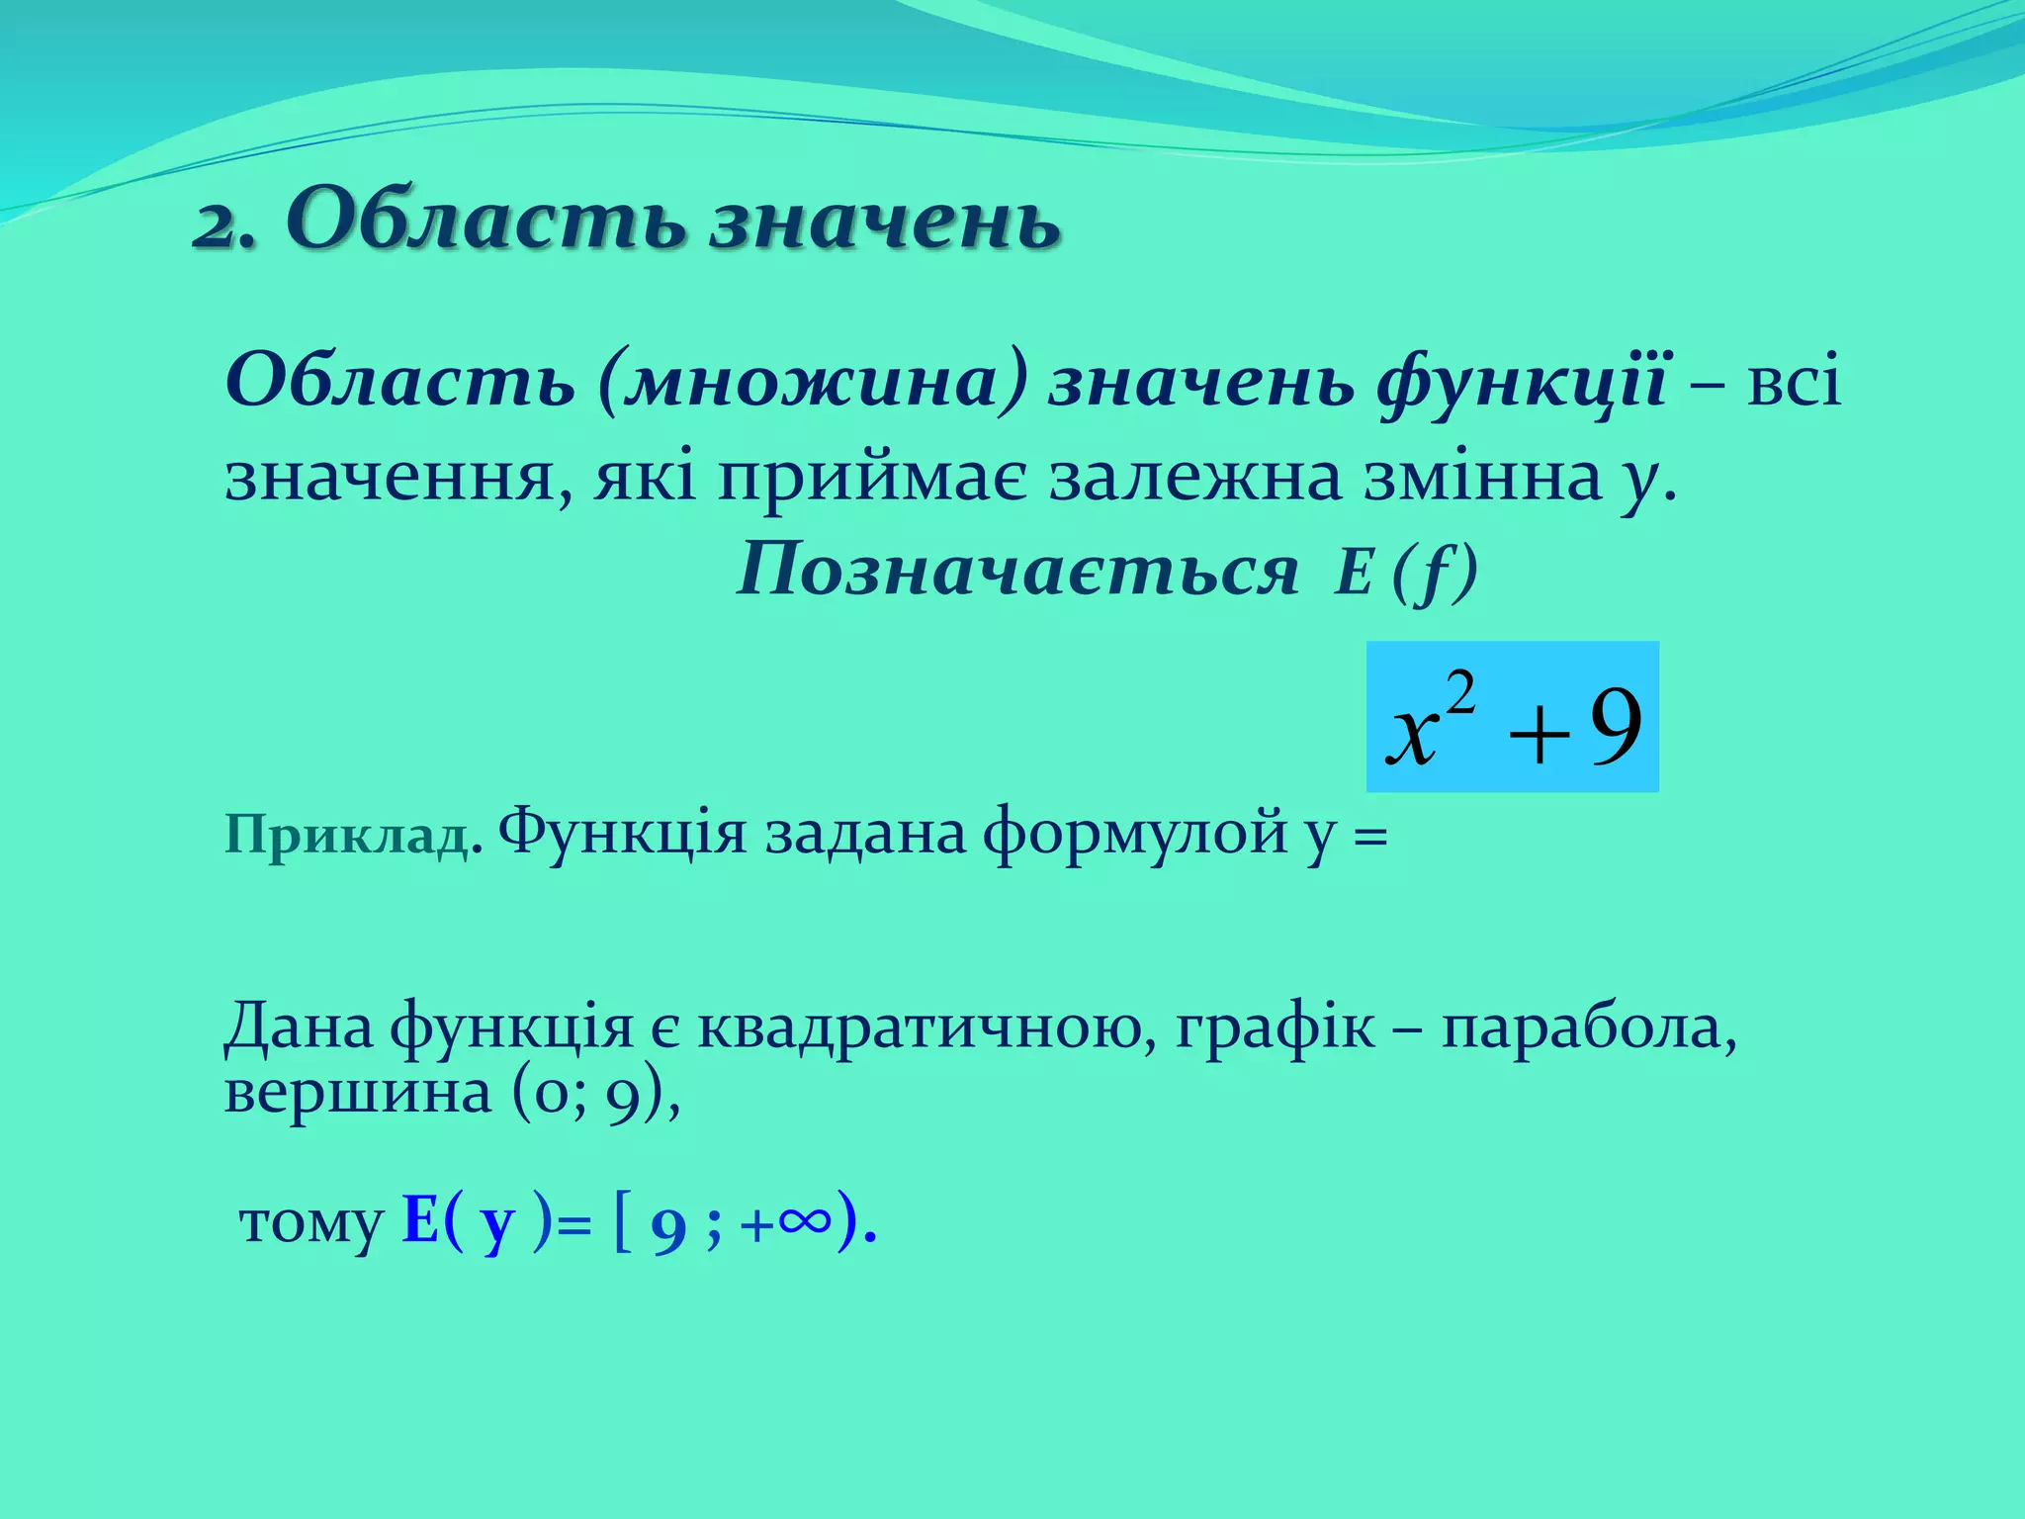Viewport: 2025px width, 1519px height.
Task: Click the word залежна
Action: pyautogui.click(x=1194, y=479)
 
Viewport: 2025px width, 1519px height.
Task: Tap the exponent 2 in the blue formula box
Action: pyautogui.click(x=1460, y=692)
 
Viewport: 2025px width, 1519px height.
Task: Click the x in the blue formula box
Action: pyautogui.click(x=1412, y=736)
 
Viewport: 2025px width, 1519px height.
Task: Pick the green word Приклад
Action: pyautogui.click(x=346, y=837)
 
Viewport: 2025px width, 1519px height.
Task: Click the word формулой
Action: pyautogui.click(x=1135, y=833)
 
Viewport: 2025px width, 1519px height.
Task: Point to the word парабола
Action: pyautogui.click(x=1588, y=1028)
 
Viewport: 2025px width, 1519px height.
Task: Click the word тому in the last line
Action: pyautogui.click(x=310, y=1224)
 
